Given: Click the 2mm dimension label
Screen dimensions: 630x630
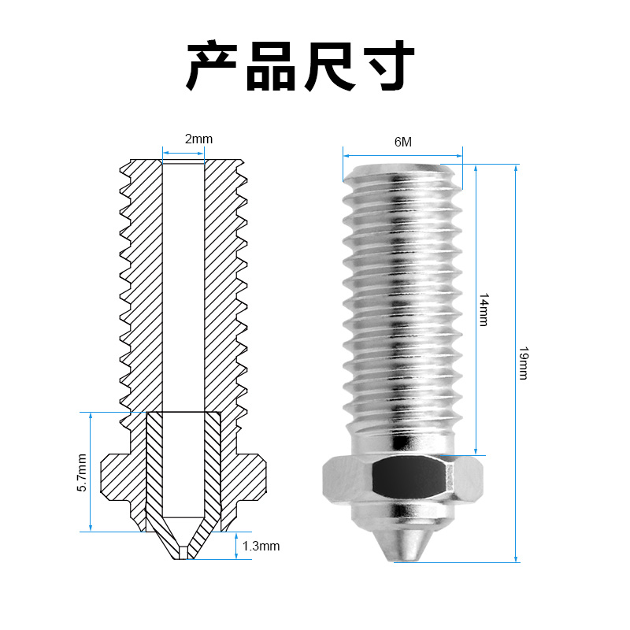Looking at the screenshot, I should (198, 139).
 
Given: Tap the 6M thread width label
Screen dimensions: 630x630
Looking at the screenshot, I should (403, 142).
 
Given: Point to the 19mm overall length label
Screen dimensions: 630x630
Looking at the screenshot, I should (523, 362).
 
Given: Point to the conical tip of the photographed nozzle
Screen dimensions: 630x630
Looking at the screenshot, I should (402, 543).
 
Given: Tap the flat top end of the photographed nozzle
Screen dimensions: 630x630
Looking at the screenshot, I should (402, 166).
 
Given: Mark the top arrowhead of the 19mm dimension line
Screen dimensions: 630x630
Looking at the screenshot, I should (516, 167).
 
